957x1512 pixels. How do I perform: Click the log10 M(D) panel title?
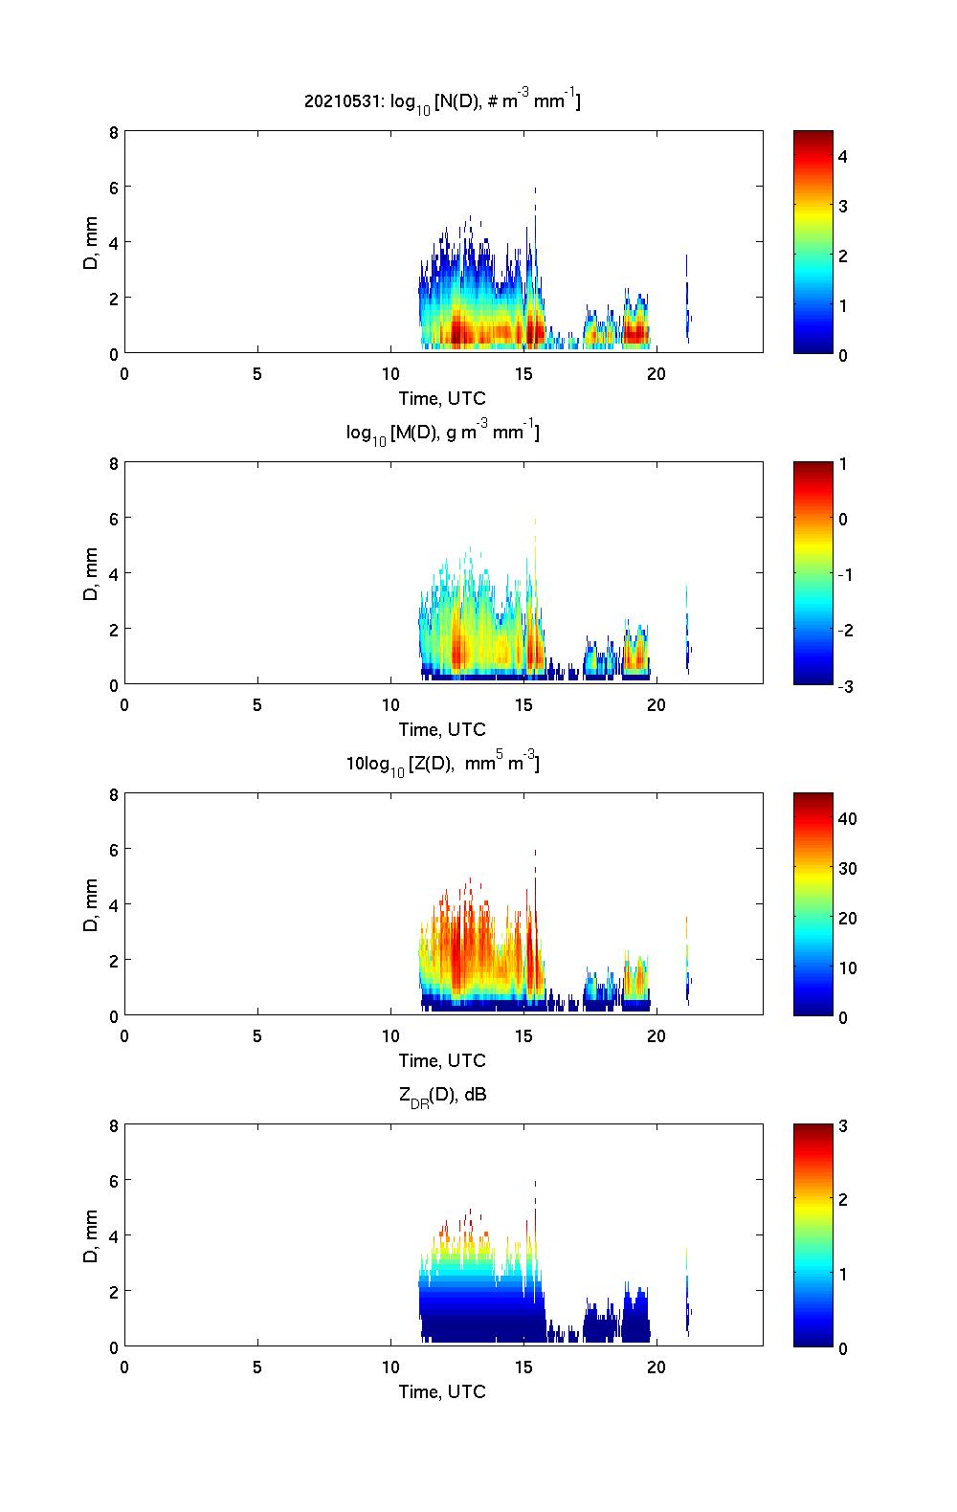pos(442,434)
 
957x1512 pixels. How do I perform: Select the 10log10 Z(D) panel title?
pos(442,764)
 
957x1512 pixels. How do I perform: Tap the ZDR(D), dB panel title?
pos(442,1095)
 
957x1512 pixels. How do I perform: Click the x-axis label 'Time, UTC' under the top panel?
pos(442,398)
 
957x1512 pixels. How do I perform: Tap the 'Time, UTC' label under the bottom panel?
pos(442,1391)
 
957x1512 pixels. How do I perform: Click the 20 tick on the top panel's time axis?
pos(656,374)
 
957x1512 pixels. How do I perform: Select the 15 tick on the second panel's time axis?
pos(523,705)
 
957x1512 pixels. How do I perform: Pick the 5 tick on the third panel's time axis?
pos(257,1036)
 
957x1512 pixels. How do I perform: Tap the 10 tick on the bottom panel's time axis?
pos(390,1367)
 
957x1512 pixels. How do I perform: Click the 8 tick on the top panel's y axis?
pos(113,133)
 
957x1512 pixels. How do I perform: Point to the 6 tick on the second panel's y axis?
pos(113,519)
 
